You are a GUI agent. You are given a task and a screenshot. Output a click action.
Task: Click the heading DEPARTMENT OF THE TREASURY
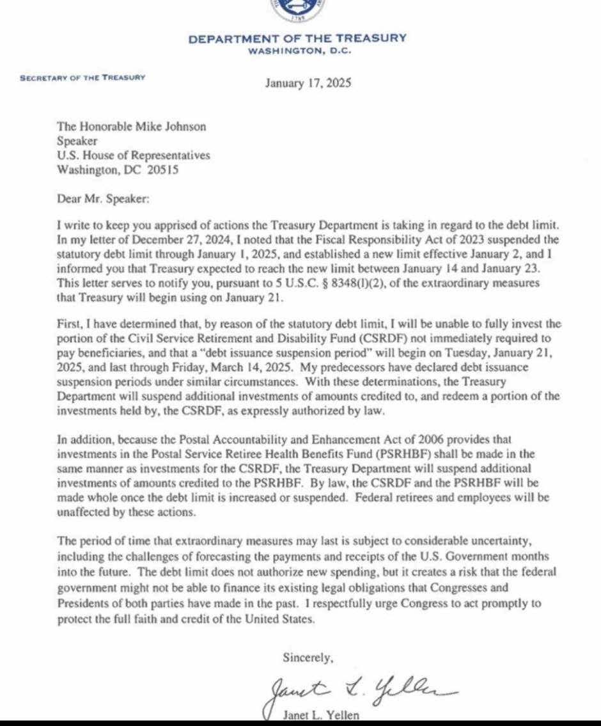click(297, 38)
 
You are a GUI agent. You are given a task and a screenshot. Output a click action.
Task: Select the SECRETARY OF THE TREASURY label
click(82, 77)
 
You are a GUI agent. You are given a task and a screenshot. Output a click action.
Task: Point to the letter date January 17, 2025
click(308, 83)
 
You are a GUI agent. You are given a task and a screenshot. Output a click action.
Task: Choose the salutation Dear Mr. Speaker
click(102, 199)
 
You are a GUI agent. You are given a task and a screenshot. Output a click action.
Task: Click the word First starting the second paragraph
click(68, 324)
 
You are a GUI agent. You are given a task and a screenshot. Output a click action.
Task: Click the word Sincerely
click(308, 656)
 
